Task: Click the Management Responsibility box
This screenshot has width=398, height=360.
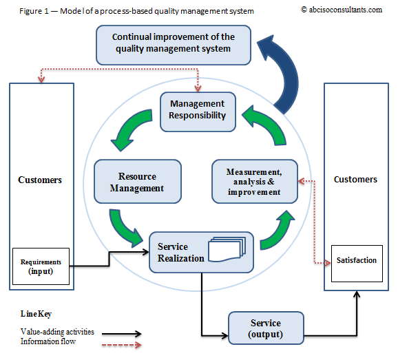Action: (x=198, y=111)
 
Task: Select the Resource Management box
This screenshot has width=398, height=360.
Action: (x=137, y=181)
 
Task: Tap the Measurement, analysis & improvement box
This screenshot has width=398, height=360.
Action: (x=254, y=181)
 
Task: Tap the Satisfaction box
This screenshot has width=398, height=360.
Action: (x=356, y=262)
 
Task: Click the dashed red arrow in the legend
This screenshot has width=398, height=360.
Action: (x=121, y=341)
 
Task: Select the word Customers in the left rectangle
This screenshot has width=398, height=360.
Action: (x=39, y=180)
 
